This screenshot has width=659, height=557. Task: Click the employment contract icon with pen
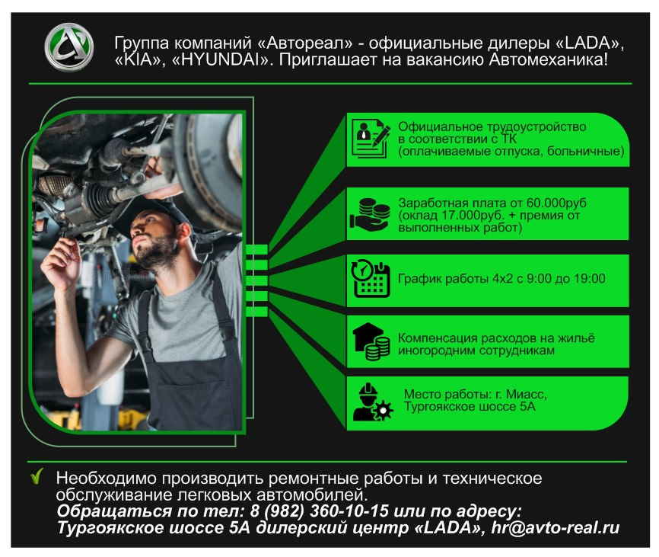click(371, 139)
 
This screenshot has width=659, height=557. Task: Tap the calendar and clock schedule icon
click(371, 279)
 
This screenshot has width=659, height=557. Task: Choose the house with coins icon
click(371, 341)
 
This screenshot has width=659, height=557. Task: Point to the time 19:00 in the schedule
click(590, 279)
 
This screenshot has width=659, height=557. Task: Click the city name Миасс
click(526, 395)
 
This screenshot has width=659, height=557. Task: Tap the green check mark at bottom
click(36, 478)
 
